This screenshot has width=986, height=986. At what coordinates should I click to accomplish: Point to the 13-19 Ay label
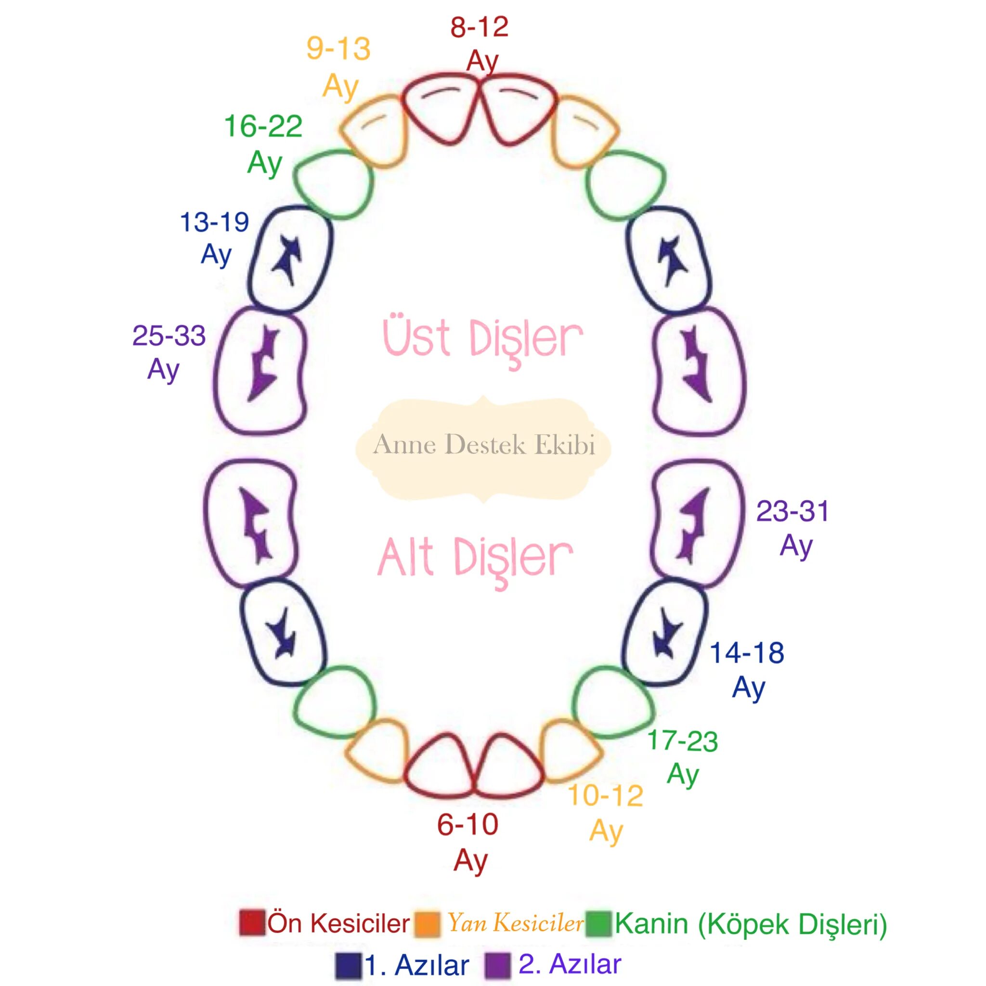tap(215, 238)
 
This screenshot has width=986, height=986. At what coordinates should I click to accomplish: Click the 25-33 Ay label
tap(169, 351)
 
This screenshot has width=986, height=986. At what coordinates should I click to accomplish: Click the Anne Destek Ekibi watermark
tap(484, 445)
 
